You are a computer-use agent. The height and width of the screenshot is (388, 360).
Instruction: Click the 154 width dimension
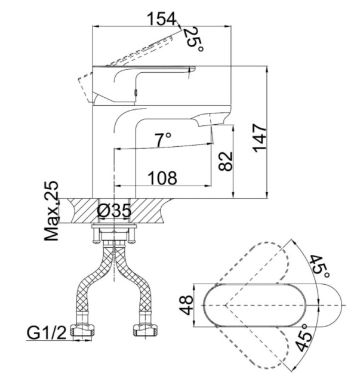pos(162,19)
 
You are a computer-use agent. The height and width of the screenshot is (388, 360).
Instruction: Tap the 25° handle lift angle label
pos(194,39)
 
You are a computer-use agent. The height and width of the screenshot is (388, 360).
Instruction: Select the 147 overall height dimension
pos(260,138)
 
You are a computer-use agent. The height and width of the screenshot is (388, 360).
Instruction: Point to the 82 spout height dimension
pos(226,161)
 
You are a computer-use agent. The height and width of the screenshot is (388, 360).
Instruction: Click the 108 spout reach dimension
pos(162,178)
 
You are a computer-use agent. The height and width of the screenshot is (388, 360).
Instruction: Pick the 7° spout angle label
pos(163,139)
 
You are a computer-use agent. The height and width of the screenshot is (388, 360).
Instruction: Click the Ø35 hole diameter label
pos(114,211)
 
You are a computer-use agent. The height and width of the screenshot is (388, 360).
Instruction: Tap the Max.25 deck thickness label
pos(51,211)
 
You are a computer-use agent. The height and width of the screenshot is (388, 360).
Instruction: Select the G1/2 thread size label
pos(47,333)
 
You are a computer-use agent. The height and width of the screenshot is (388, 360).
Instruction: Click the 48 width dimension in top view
pos(186,305)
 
